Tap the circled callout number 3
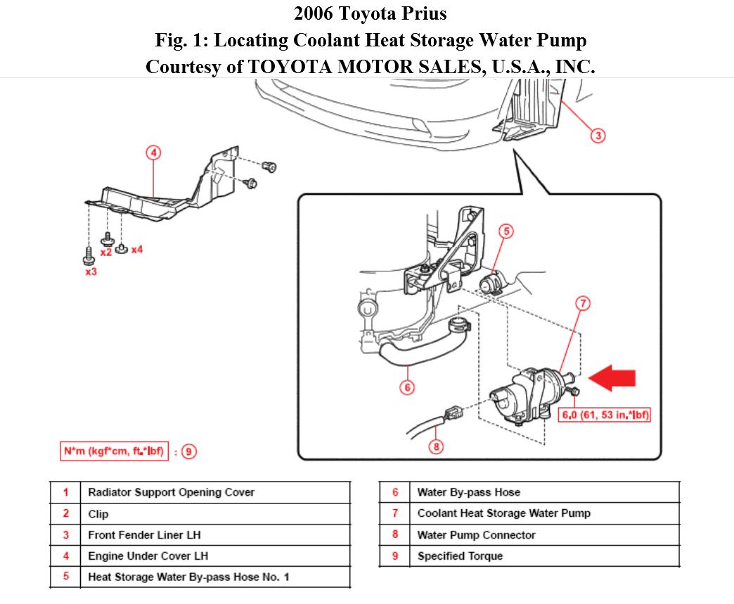pyautogui.click(x=598, y=136)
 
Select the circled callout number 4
pyautogui.click(x=153, y=153)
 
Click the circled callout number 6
pyautogui.click(x=406, y=387)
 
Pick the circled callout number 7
pyautogui.click(x=583, y=304)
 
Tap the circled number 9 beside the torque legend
pyautogui.click(x=188, y=451)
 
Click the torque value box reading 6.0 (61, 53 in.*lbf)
pyautogui.click(x=604, y=415)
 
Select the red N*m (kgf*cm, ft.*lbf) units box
pyautogui.click(x=114, y=451)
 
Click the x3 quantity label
pyautogui.click(x=91, y=271)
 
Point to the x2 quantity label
pyautogui.click(x=106, y=251)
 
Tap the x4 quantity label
pyautogui.click(x=136, y=250)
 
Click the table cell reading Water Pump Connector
pyautogui.click(x=476, y=535)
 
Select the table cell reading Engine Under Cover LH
pyautogui.click(x=148, y=556)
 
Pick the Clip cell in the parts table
pyautogui.click(x=98, y=514)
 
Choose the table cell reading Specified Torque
pyautogui.click(x=460, y=556)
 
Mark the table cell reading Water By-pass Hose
pyautogui.click(x=468, y=492)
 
